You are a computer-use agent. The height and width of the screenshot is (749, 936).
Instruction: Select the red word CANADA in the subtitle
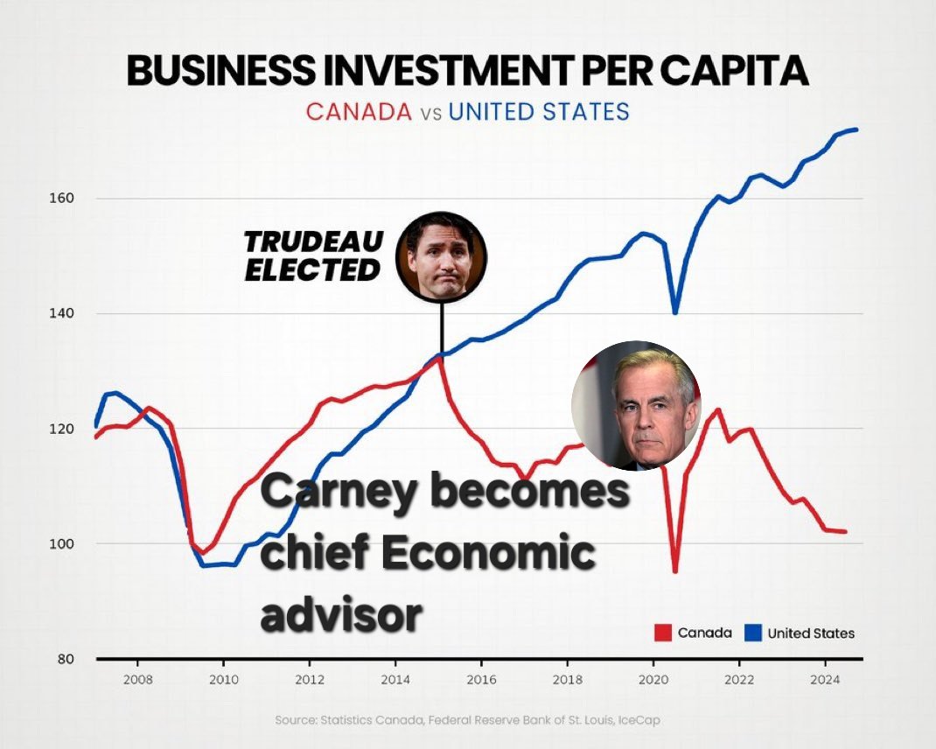[358, 112]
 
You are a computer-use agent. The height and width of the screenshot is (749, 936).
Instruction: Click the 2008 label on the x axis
[138, 679]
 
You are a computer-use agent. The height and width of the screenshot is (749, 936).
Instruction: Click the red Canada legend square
[663, 633]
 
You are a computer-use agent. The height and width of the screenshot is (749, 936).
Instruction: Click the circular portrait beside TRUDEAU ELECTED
[441, 256]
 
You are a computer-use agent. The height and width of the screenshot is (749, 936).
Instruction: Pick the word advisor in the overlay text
[341, 614]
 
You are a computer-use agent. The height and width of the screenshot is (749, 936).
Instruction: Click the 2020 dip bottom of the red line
[675, 571]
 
